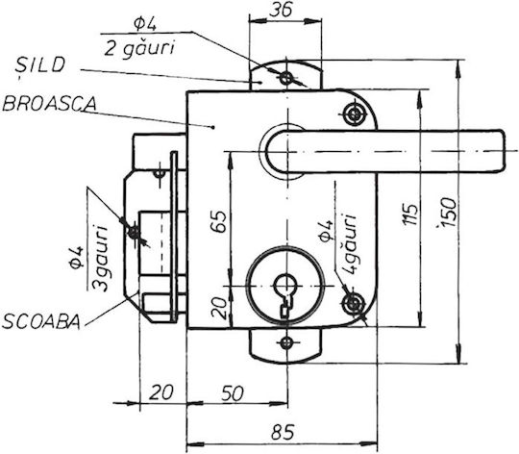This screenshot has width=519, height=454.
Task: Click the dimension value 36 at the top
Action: (281, 10)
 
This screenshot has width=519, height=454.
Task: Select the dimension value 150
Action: (448, 213)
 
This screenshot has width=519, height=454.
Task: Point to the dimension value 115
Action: (410, 214)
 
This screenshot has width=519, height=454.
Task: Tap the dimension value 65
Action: (219, 221)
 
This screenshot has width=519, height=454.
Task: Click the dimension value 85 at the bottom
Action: (283, 432)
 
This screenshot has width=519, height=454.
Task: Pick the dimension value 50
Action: (232, 393)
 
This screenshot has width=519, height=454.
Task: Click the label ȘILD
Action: (39, 65)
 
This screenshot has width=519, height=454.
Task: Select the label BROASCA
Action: (49, 104)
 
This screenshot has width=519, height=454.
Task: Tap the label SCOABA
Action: (41, 321)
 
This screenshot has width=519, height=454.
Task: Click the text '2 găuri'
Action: (139, 49)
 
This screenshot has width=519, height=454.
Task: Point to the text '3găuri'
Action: (100, 259)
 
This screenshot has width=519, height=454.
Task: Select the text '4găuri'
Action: (349, 243)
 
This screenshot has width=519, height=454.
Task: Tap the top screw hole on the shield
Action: (286, 79)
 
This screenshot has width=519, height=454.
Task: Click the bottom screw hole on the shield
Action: (286, 343)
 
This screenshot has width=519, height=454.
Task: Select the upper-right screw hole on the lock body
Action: (354, 114)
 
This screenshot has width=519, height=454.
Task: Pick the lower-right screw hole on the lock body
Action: (354, 304)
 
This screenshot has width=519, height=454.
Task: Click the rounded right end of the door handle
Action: (503, 151)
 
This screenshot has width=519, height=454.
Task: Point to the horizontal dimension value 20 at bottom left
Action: (161, 392)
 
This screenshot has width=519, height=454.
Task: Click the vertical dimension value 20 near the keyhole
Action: (219, 308)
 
